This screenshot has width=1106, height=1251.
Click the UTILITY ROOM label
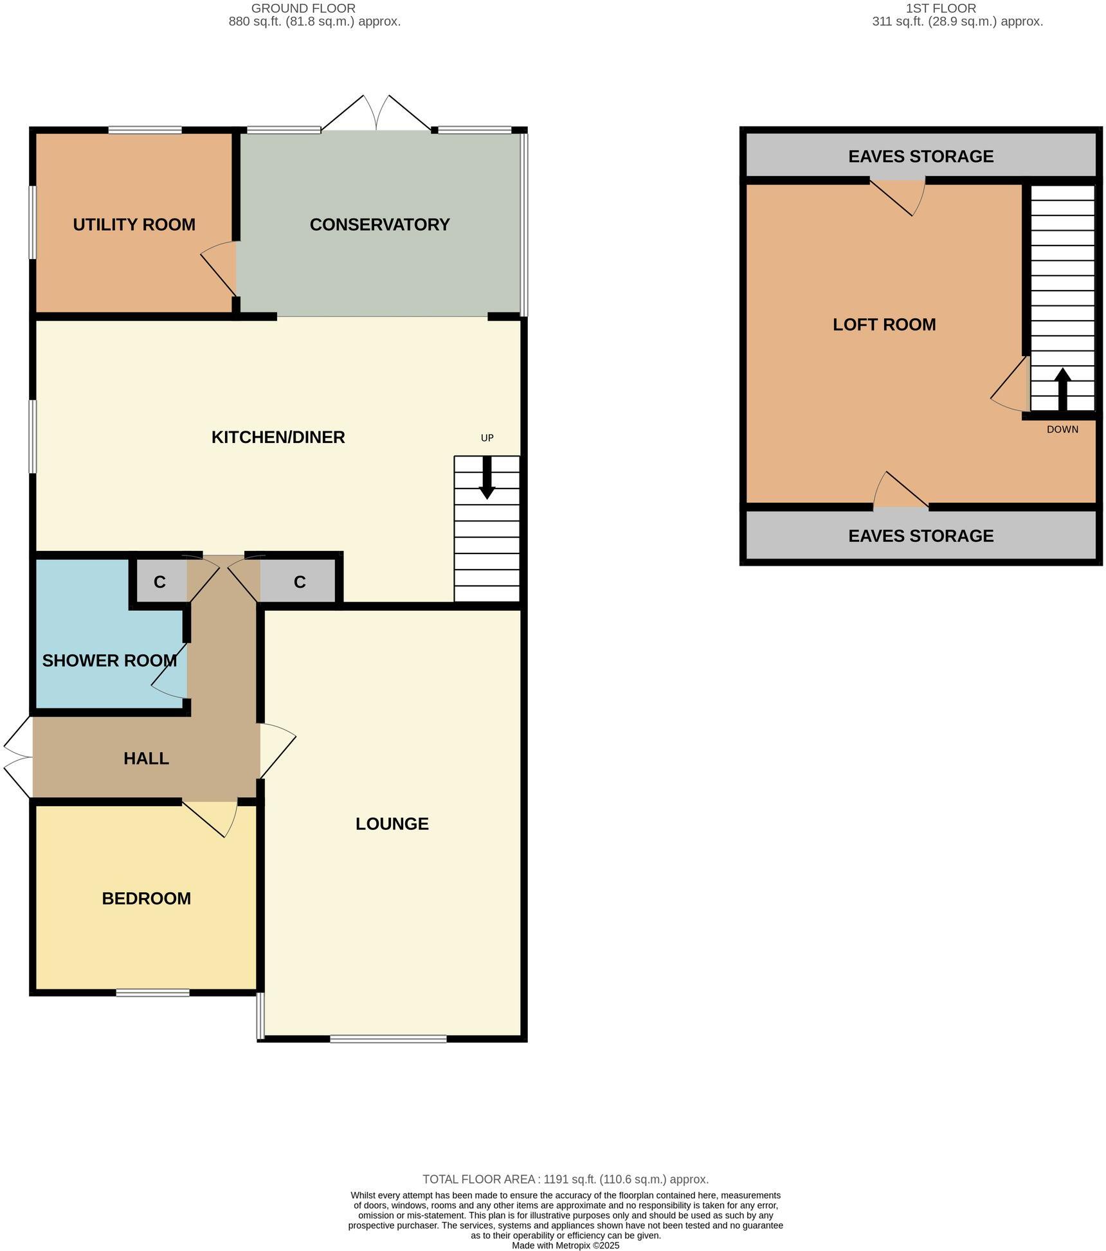134,224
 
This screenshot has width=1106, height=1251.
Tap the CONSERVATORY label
379,224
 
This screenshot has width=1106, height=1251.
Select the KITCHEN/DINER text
278,437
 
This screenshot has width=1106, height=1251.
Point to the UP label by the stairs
487,438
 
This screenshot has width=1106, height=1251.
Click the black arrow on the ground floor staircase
487,478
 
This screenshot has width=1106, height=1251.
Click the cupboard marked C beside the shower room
159,582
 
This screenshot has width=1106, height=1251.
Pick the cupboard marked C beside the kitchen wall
299,582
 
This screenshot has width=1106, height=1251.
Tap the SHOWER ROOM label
109,660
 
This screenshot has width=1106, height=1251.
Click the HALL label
146,758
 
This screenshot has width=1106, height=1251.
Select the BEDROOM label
146,898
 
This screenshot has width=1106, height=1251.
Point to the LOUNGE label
392,824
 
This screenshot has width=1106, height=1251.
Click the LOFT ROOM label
884,324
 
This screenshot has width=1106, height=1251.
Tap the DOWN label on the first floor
1062,429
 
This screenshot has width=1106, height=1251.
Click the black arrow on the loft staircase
1062,389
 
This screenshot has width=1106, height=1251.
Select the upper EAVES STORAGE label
920,156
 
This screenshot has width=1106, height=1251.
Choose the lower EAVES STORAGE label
920,535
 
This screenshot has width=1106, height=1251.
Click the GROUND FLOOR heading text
303,8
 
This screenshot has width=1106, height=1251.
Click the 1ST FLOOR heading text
940,8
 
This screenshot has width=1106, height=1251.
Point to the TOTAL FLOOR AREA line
565,1179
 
